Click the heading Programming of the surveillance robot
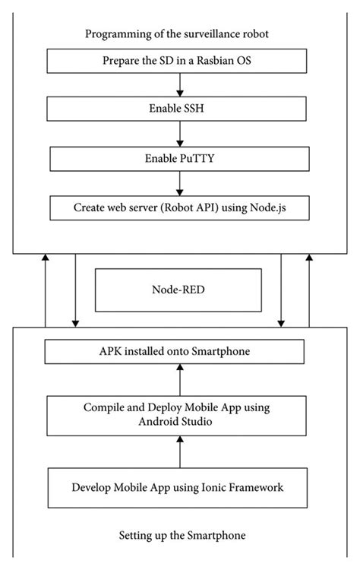point(177,33)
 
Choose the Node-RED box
point(177,290)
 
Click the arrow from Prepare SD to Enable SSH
point(177,85)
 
